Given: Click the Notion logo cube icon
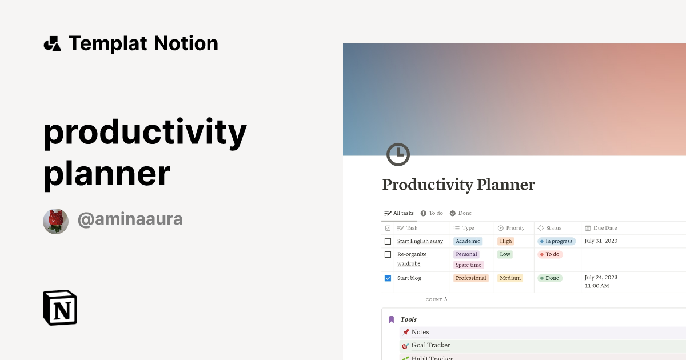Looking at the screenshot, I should pos(60,307).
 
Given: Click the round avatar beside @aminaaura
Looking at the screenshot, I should pos(55,221).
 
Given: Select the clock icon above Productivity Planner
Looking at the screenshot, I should pos(398,154).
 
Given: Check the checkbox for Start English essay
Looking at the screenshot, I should pos(388,241).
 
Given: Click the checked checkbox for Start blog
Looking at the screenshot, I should pos(388,278).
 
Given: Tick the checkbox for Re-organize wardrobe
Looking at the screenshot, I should pos(388,254).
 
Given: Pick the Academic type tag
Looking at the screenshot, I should pos(468,241).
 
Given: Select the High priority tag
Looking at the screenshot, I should pos(506,241).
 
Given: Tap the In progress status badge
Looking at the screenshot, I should pos(556,241).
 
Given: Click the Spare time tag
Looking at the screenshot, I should pos(468,265).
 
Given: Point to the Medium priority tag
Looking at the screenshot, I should pos(510,278).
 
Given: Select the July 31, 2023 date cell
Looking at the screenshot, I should pos(601,241).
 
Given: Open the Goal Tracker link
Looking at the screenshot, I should pos(430,345).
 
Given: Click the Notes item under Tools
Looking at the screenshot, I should pos(420,332).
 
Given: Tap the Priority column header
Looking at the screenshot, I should pos(515,228).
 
